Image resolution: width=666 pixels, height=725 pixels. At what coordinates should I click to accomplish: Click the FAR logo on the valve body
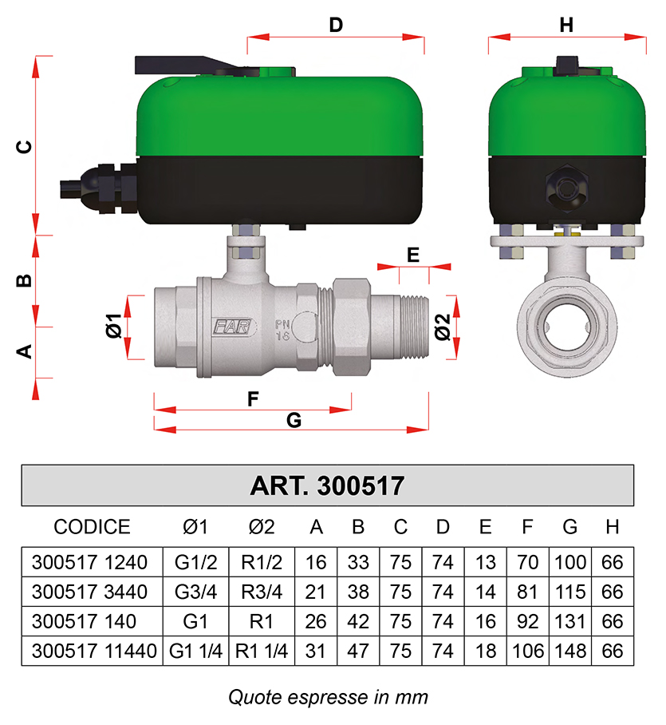coord(232,327)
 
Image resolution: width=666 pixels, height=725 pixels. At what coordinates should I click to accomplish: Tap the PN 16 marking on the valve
coord(282,330)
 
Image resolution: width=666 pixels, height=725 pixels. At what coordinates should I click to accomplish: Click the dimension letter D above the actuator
coord(336,25)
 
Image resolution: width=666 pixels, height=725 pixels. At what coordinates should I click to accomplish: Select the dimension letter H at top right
coord(566,25)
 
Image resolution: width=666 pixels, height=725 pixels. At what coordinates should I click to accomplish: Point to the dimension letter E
coord(413,255)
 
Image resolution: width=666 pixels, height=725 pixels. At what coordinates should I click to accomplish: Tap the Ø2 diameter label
coord(443,327)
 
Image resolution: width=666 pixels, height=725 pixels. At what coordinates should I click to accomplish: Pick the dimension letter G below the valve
coord(294,420)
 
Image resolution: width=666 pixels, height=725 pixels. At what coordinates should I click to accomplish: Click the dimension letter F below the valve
coord(253,398)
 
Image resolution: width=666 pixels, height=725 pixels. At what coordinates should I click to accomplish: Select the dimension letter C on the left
coord(24,147)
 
